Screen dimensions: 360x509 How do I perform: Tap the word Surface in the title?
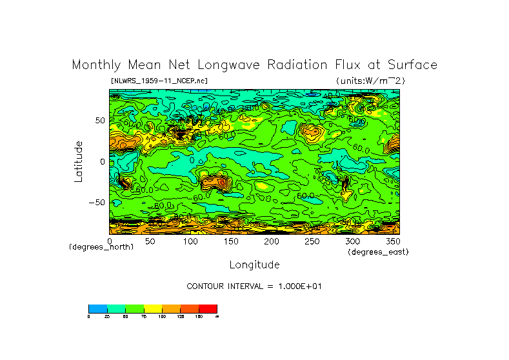click(412, 65)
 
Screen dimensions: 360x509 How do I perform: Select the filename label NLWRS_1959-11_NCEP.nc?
click(159, 81)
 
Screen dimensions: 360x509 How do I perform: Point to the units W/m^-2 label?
click(370, 81)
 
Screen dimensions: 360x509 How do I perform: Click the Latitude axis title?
click(79, 161)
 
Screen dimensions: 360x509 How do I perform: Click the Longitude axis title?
click(254, 265)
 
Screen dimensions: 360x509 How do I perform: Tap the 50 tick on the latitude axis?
click(99, 121)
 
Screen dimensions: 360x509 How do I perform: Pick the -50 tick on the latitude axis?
click(96, 202)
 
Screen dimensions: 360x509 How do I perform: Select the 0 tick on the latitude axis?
click(101, 161)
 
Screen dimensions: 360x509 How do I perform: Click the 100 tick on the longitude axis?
click(190, 241)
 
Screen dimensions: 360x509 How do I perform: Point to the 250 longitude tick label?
click(312, 241)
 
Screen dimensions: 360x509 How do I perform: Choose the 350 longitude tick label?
click(392, 241)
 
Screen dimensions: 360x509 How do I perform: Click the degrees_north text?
click(101, 247)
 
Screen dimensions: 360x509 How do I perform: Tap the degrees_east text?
click(378, 252)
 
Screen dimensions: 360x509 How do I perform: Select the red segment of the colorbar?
click(208, 308)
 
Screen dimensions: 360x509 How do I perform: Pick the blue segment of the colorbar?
click(97, 308)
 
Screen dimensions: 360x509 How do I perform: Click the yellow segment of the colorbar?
click(153, 308)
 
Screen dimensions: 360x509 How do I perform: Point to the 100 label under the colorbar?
click(162, 317)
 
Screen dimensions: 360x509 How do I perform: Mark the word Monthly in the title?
click(94, 65)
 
